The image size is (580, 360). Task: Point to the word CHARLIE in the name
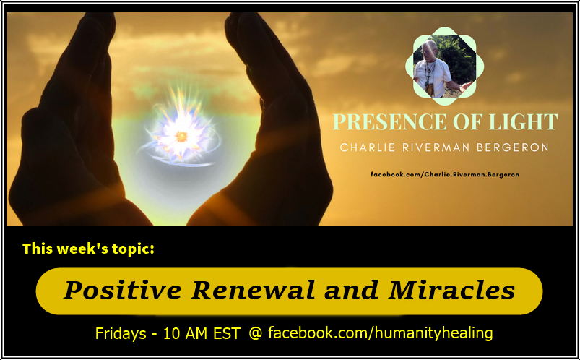363,148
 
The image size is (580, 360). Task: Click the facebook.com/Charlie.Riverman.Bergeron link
445,175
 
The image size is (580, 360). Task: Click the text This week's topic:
88,249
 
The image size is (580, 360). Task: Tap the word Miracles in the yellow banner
452,291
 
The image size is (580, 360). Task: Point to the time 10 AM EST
200,333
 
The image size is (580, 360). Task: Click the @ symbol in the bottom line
255,333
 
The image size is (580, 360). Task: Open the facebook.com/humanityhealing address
380,333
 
